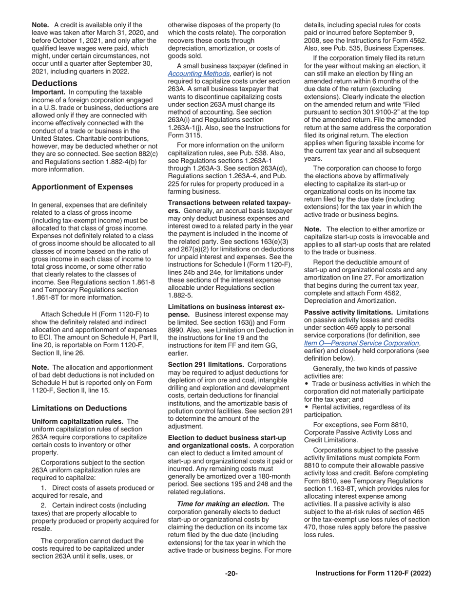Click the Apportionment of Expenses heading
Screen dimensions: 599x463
tap(82, 187)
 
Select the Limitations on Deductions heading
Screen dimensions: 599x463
tap(79, 408)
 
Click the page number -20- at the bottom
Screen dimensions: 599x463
tap(231, 574)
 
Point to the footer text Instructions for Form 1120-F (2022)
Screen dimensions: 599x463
tap(373, 574)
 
